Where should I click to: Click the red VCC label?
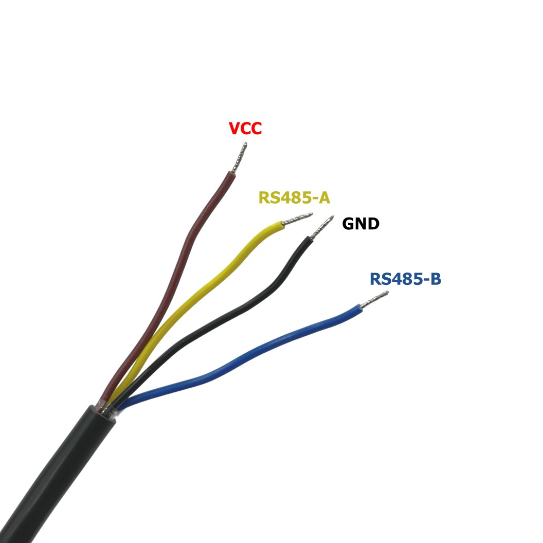click(245, 129)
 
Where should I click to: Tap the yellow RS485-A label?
click(294, 198)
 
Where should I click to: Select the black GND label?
click(360, 224)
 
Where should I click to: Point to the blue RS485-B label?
click(405, 279)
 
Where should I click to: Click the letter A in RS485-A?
click(324, 198)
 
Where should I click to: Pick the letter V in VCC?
click(234, 129)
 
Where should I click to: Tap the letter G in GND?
click(349, 224)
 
